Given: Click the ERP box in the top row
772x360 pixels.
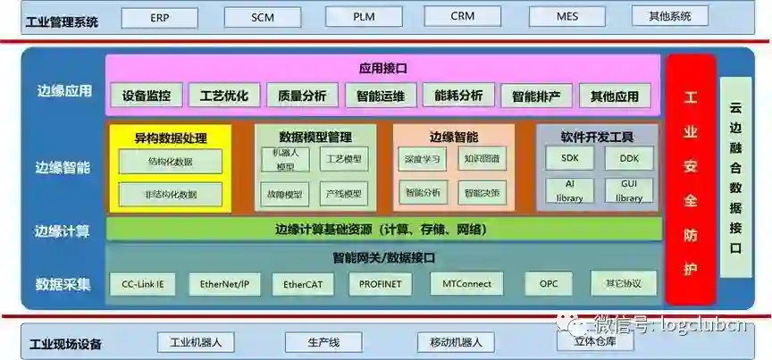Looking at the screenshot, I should pos(160,17).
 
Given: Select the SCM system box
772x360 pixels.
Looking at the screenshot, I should pos(262,17).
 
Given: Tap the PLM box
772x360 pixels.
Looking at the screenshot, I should pos(364,17).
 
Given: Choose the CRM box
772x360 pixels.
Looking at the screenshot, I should pos(462,16).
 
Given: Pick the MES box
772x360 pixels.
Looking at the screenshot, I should pos(567,17).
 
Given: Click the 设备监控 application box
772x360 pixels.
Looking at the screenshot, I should pos(147,96).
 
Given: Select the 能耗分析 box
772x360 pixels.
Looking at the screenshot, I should pos(457,96).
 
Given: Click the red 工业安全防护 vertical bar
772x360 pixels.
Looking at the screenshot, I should pos(690,179).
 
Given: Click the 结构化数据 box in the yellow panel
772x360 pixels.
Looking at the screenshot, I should pos(170,162).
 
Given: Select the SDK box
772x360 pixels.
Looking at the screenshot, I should pos(570,158).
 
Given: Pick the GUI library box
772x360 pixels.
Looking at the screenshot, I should pos(628,190).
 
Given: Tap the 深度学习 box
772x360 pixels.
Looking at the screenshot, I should pos(422,159).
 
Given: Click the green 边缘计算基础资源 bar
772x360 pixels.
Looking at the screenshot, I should pos(382,230).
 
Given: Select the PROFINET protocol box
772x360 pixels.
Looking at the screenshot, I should pos(380,284).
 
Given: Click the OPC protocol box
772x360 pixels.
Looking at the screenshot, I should pos(548,284).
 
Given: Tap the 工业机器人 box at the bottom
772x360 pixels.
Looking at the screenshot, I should pos(196,342).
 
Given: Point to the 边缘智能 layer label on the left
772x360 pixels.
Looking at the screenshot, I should pos(63,167).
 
